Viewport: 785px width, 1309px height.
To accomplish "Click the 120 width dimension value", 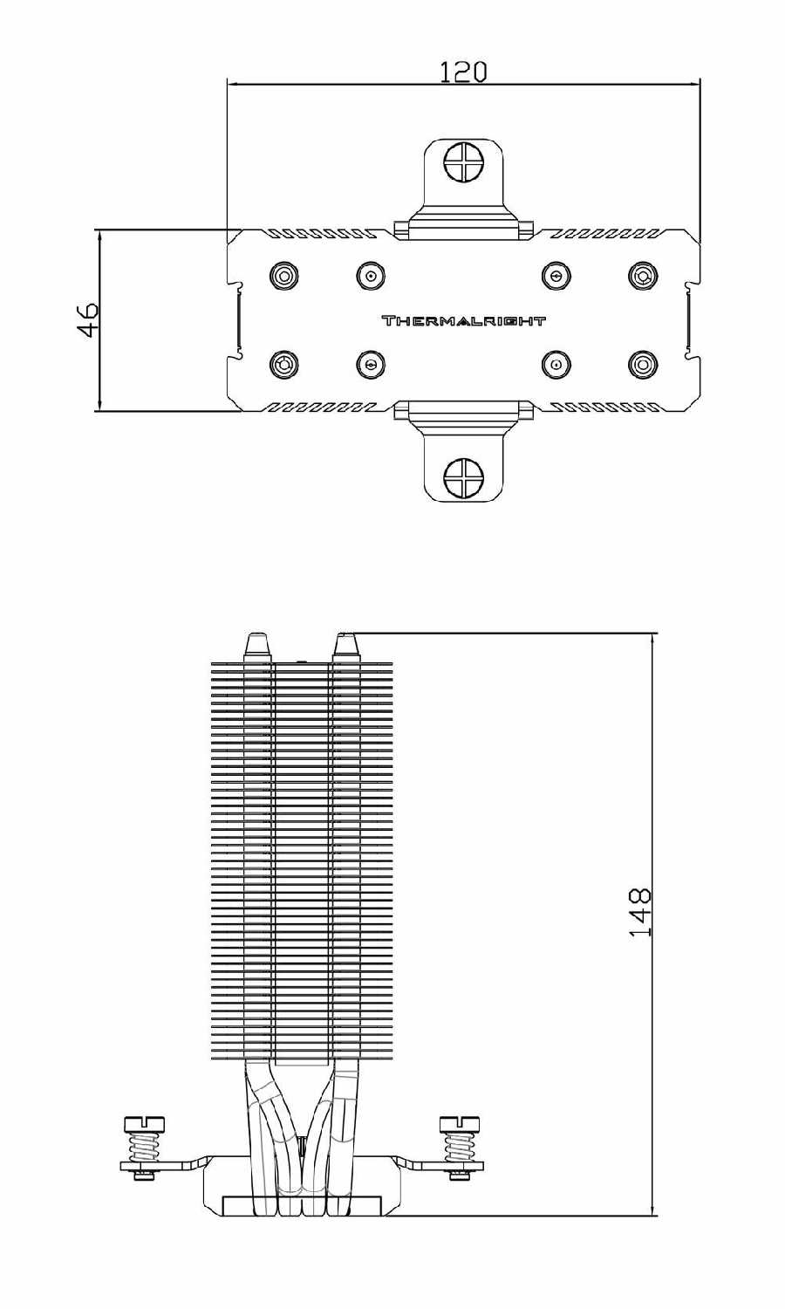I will coord(462,72).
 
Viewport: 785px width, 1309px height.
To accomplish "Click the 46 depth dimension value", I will coord(88,320).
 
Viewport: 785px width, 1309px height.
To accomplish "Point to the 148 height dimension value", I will coord(640,913).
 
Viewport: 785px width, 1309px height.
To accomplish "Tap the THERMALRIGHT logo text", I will coord(463,321).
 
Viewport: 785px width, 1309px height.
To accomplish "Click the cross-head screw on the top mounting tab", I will coord(463,161).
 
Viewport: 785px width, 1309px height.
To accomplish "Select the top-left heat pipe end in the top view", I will coord(283,277).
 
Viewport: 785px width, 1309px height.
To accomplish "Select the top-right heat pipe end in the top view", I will coord(643,277).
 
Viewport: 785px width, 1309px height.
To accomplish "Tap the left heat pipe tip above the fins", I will coord(258,647).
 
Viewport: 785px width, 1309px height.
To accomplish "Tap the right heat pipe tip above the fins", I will coord(346,647).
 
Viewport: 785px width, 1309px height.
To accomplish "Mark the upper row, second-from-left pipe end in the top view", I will coord(371,277).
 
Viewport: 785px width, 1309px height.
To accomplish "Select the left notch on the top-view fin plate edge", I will coord(235,320).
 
